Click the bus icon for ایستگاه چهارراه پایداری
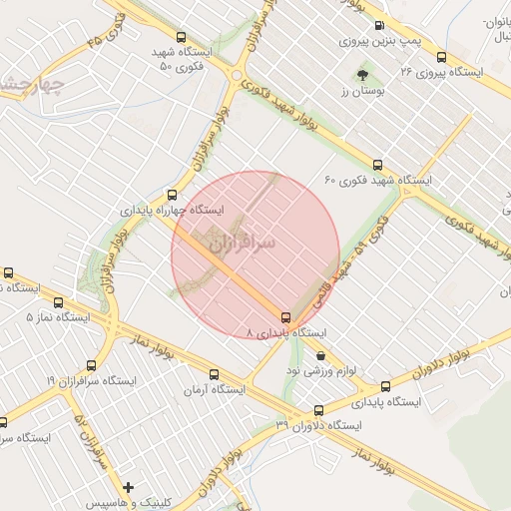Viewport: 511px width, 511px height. click(173, 196)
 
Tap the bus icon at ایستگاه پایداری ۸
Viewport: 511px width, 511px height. click(287, 316)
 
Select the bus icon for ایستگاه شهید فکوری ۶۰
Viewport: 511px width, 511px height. click(376, 165)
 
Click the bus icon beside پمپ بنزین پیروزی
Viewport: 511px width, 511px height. click(378, 26)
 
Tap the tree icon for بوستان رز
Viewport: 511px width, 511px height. click(361, 75)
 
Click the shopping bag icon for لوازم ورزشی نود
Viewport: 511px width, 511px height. click(319, 355)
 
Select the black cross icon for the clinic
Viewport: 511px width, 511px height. click(128, 487)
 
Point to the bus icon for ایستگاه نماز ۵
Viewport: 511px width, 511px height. click(57, 301)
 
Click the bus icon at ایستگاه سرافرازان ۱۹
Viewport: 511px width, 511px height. click(91, 366)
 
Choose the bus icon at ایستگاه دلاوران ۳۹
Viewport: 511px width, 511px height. click(318, 409)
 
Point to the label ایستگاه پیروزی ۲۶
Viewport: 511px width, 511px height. click(440, 73)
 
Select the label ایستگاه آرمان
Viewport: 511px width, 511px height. click(212, 389)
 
